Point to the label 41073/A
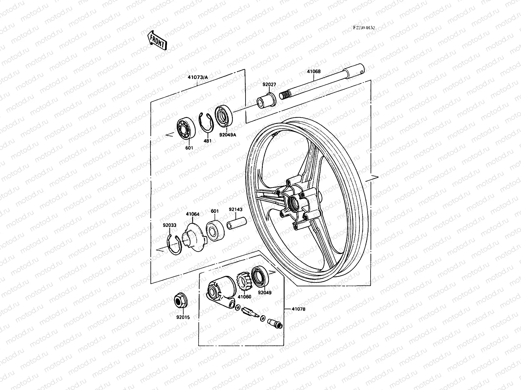click(197, 77)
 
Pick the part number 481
click(207, 141)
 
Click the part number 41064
click(193, 214)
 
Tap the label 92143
click(235, 210)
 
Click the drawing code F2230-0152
click(364, 28)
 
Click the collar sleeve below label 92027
click(266, 99)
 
